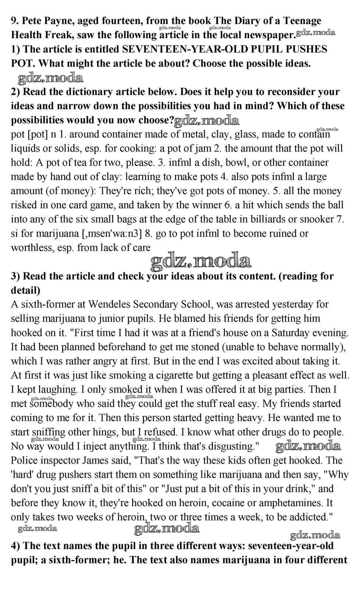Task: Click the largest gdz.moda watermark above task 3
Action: [201, 261]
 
